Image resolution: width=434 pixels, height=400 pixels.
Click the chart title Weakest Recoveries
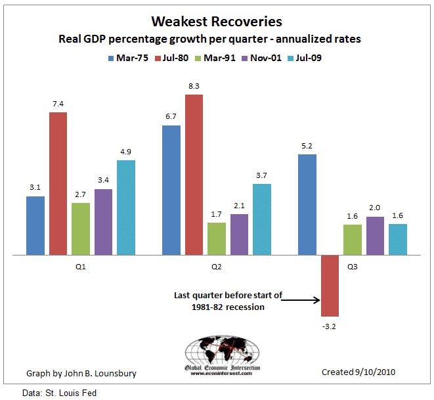click(x=216, y=23)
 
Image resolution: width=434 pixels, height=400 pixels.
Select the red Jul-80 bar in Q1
click(x=58, y=183)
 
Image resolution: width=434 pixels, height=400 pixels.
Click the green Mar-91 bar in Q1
click(x=81, y=228)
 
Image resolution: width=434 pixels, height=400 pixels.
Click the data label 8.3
click(x=194, y=86)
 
